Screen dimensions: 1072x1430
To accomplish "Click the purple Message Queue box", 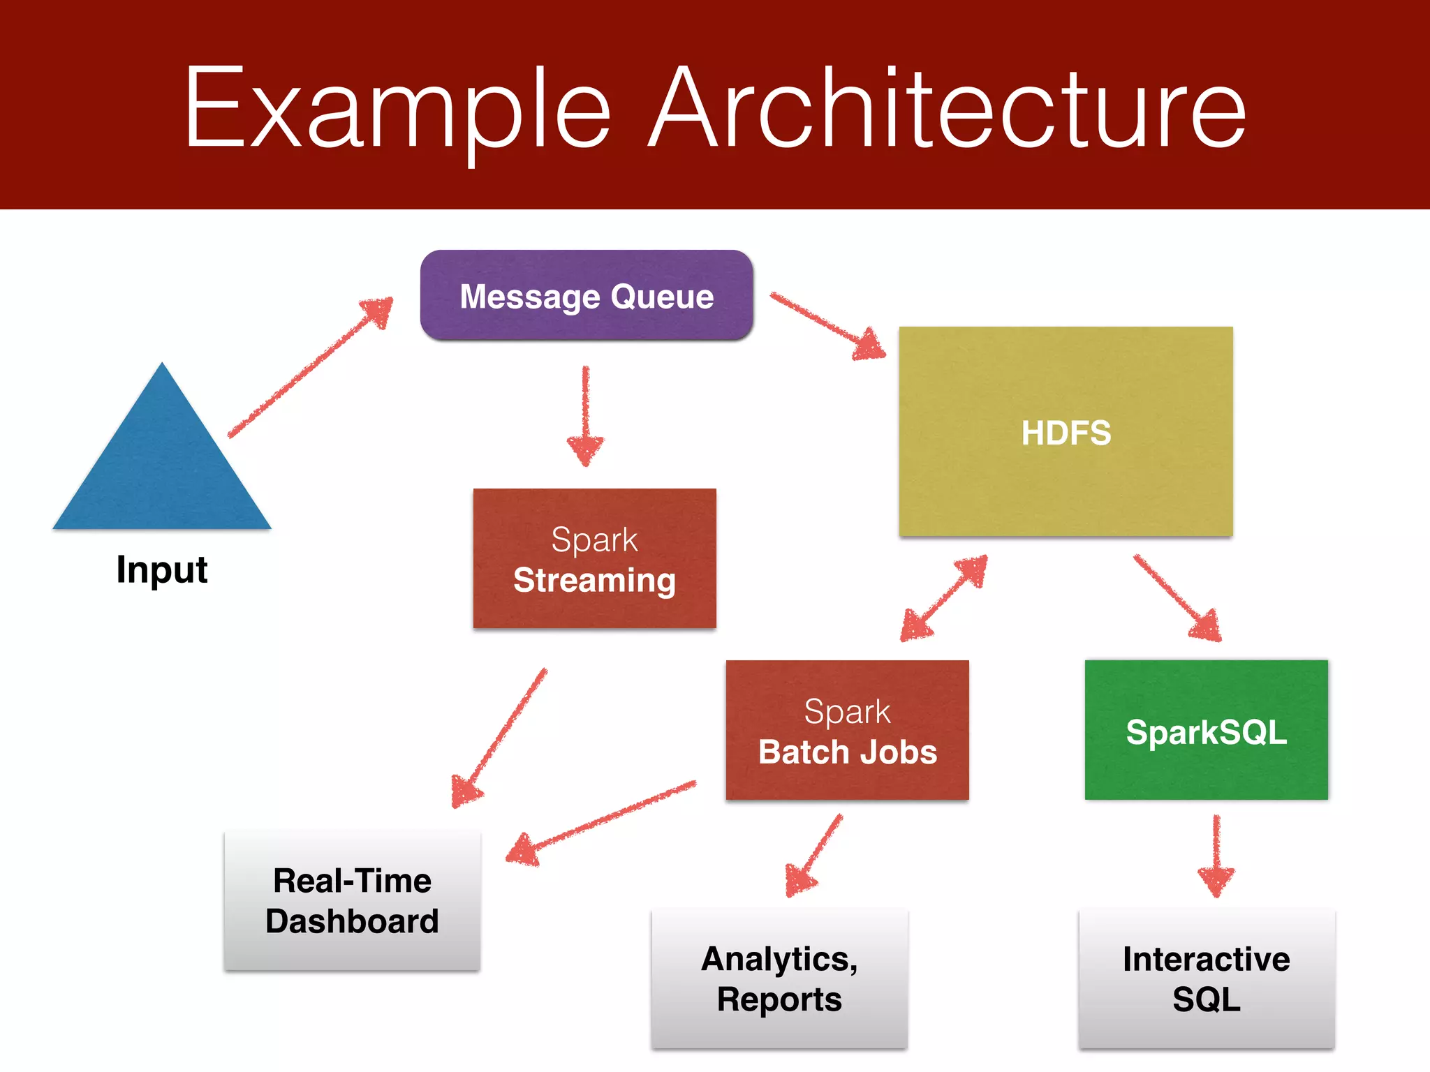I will (x=587, y=296).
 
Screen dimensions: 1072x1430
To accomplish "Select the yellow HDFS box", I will (x=1066, y=431).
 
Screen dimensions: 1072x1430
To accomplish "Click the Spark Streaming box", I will (x=594, y=558).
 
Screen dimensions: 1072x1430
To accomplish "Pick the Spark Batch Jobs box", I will (x=847, y=730).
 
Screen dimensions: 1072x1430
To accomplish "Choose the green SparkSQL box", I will (x=1206, y=730).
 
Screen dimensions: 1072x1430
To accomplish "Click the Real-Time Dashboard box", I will (x=352, y=900).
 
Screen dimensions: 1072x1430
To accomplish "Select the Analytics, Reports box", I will (x=779, y=978).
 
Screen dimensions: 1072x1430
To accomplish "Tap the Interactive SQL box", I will (x=1206, y=978).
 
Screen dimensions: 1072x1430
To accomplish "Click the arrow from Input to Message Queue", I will (x=311, y=367).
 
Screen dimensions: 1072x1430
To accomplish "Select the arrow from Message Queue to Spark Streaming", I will (x=586, y=416).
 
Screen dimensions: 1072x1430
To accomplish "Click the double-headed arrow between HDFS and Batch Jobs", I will (x=944, y=597).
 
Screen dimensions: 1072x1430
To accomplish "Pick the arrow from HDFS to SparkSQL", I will (x=1177, y=597).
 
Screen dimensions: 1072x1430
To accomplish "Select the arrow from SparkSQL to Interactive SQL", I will (x=1216, y=856).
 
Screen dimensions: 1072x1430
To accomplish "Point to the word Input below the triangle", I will (x=162, y=569).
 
